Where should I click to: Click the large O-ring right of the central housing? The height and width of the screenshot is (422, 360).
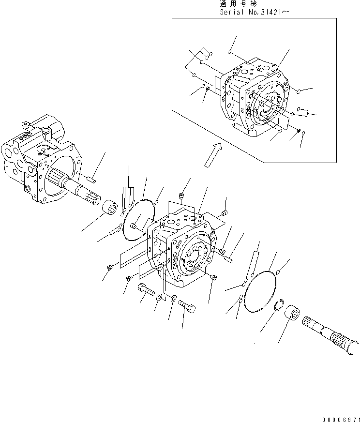pyautogui.click(x=260, y=295)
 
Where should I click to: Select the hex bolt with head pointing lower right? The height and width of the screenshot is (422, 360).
pyautogui.click(x=187, y=306)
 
